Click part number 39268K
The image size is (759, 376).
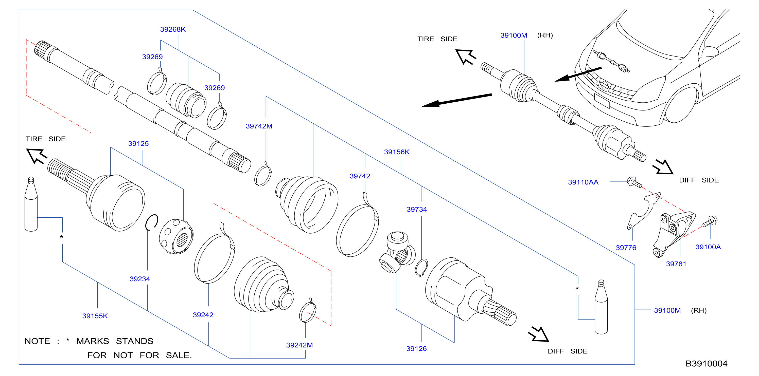[x=173, y=29]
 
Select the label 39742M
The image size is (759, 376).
[x=259, y=126]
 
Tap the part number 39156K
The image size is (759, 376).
[x=397, y=152]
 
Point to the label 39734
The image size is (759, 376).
[x=417, y=209]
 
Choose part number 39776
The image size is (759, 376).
[x=626, y=248]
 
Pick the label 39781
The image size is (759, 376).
[x=676, y=264]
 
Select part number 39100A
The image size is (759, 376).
[x=708, y=247]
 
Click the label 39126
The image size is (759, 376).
[x=416, y=349]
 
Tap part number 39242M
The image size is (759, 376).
[x=299, y=345]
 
